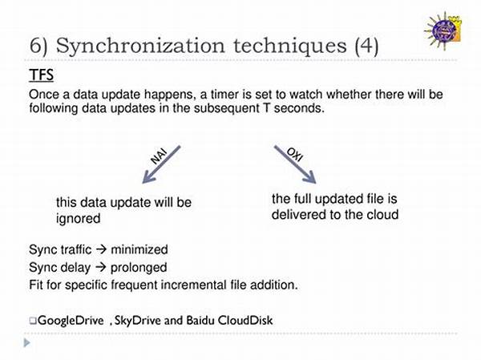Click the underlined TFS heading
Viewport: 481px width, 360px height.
tap(42, 75)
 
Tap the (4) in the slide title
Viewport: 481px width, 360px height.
tap(366, 46)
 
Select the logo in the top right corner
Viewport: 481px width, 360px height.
tap(443, 30)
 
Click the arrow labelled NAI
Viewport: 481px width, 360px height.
tap(161, 165)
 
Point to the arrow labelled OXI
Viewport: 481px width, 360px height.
tap(295, 165)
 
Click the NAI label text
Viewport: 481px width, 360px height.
tap(158, 156)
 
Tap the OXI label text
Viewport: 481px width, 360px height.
tap(295, 155)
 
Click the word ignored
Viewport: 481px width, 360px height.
tap(79, 219)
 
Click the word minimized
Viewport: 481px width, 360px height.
tap(139, 249)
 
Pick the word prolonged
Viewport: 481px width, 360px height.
tap(139, 268)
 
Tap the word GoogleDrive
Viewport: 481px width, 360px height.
tap(71, 321)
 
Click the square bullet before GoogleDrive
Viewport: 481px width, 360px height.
tap(33, 321)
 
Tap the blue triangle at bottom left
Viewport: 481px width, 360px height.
tap(27, 343)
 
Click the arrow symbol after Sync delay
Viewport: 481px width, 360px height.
tap(100, 267)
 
